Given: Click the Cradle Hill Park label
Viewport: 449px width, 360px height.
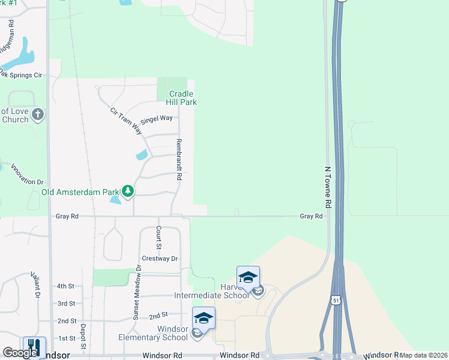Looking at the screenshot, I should pos(182,98).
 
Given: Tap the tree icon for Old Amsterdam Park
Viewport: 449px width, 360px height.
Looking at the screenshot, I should pos(127,191).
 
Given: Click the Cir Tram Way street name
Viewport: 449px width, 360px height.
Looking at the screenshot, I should pos(126,121).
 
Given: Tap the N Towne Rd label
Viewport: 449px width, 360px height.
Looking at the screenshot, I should pos(328,187).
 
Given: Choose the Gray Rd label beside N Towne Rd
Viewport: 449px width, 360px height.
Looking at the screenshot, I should pos(311,216).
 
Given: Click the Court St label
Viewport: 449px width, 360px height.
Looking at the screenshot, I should pos(158,237).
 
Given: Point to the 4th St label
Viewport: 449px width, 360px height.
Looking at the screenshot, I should pos(65,287).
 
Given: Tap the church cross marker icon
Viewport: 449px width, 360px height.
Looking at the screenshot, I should pos(38,114).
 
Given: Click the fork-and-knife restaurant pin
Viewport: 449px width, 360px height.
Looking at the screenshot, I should pos(34,347).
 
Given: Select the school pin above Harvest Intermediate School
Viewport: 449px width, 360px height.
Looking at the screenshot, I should pos(248,277).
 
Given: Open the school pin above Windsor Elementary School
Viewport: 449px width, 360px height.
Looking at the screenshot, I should pos(203,318).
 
